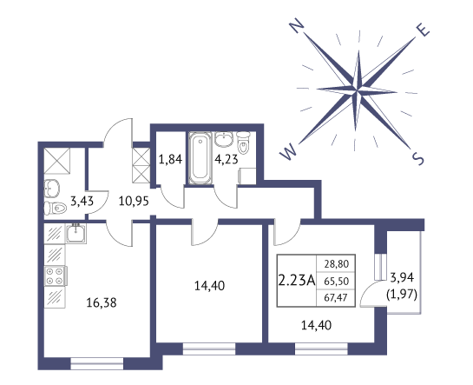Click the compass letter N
tap(297, 25)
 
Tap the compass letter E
tap(423, 30)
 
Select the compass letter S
tap(417, 158)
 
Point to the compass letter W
tap(288, 151)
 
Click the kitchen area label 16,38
tap(102, 302)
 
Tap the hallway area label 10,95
tap(134, 201)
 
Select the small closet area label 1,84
tap(170, 159)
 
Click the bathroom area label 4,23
tap(227, 158)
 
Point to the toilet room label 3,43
tap(82, 201)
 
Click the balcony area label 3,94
tap(402, 277)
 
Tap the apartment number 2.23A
tap(297, 281)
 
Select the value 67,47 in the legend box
tap(337, 298)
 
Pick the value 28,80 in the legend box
tap(337, 264)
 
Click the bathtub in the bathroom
tap(200, 158)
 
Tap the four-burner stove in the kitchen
tap(56, 275)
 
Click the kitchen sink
tap(76, 234)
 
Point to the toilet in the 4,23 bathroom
tap(243, 142)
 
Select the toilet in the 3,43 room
tap(56, 208)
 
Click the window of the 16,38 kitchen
tap(97, 363)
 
